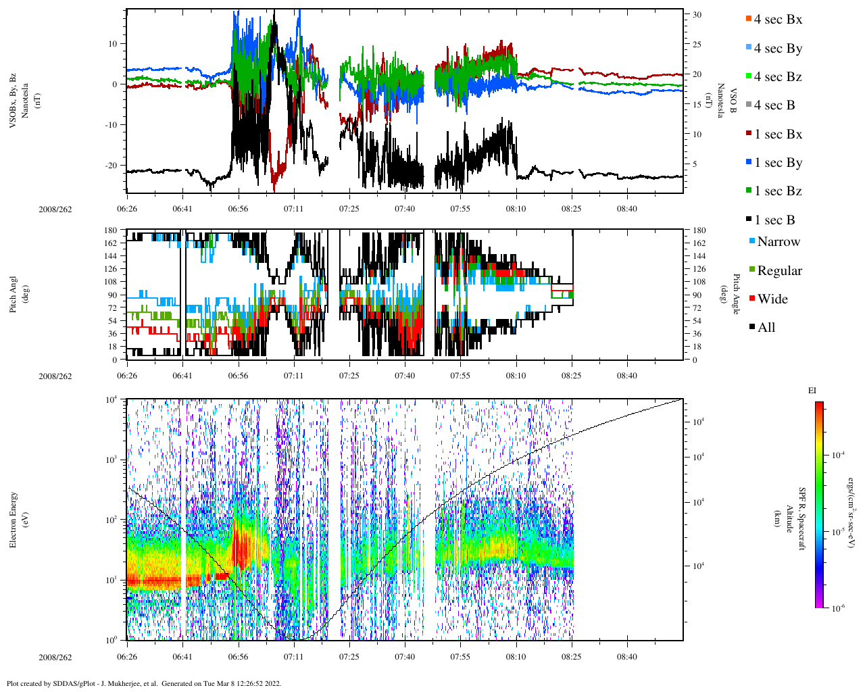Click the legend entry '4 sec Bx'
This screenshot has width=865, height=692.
pyautogui.click(x=777, y=20)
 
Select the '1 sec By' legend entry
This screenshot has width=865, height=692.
pyautogui.click(x=778, y=163)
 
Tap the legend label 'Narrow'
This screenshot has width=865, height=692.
pyautogui.click(x=778, y=242)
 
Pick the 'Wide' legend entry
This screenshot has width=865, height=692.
pyautogui.click(x=772, y=299)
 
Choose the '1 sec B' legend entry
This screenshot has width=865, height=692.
pyautogui.click(x=774, y=220)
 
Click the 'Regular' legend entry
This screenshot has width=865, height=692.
pyautogui.click(x=779, y=271)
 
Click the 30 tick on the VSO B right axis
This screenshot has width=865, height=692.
pyautogui.click(x=697, y=15)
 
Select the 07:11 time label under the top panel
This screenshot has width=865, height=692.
pyautogui.click(x=293, y=209)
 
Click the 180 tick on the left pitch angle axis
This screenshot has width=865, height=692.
pyautogui.click(x=110, y=230)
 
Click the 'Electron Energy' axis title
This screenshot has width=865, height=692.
pyautogui.click(x=14, y=519)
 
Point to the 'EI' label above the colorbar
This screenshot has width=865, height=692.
pyautogui.click(x=812, y=391)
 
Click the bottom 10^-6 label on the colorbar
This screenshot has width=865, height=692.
pyautogui.click(x=837, y=608)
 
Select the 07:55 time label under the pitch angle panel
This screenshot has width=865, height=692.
pyautogui.click(x=460, y=376)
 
